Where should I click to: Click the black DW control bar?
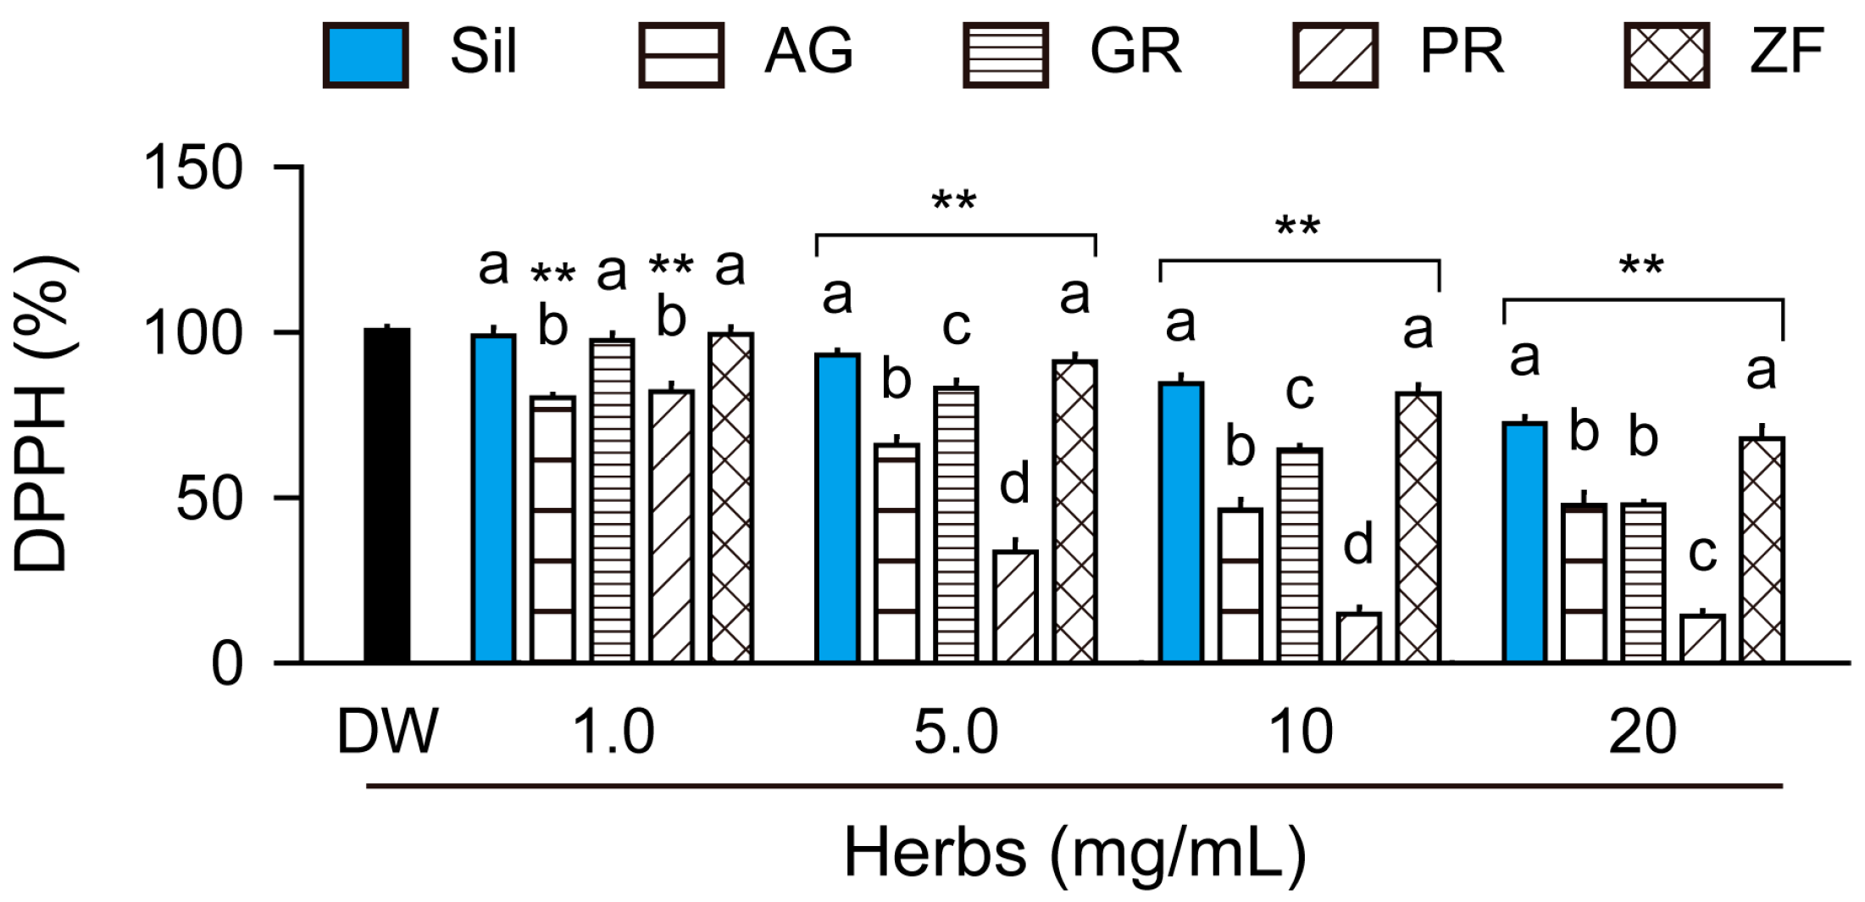(x=387, y=496)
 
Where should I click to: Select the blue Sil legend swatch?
(x=365, y=55)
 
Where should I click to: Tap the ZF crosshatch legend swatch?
(x=1666, y=55)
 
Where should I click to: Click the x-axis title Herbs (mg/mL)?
(x=1074, y=854)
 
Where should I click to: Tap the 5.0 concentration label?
(x=956, y=733)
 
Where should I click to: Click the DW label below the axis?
(x=387, y=732)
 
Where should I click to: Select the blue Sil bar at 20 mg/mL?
(x=1525, y=543)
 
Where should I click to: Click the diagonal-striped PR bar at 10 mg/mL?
(x=1359, y=638)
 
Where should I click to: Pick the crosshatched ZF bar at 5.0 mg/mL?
(x=1075, y=511)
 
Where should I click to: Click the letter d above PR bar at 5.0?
(x=1014, y=484)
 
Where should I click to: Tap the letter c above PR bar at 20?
(x=1702, y=554)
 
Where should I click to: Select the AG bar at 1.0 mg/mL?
(x=552, y=530)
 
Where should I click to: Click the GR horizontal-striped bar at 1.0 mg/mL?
(x=612, y=501)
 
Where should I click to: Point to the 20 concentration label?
(x=1642, y=733)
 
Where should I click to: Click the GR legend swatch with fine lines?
(x=1005, y=55)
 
